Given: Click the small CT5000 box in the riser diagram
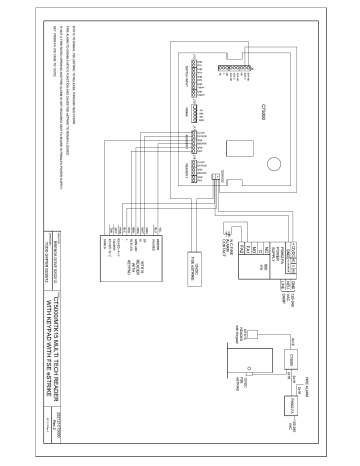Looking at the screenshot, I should [283, 358].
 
